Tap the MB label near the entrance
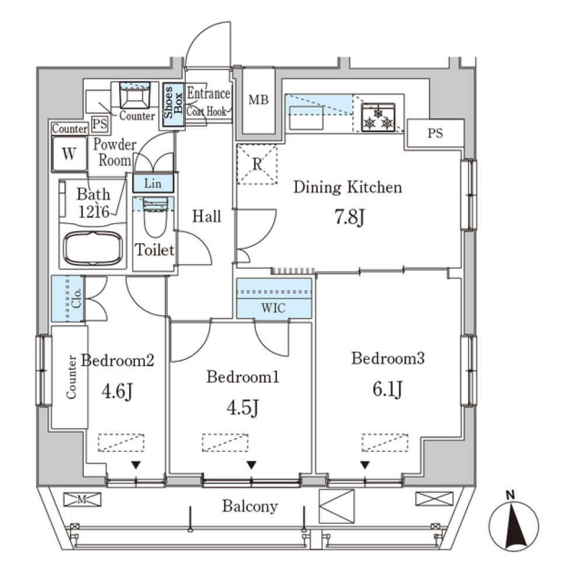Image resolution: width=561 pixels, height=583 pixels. tap(258, 100)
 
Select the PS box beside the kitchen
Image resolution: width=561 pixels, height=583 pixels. tap(434, 133)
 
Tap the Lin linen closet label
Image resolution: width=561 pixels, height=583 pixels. tap(153, 183)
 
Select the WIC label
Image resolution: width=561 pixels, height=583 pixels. tap(273, 308)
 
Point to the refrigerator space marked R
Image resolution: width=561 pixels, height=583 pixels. tap(257, 164)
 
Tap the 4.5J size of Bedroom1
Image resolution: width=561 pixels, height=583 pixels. tap(243, 408)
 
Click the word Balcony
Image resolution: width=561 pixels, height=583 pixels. tap(250, 506)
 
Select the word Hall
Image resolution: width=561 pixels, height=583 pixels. tap(207, 217)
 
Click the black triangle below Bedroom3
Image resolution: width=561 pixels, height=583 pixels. tap(365, 465)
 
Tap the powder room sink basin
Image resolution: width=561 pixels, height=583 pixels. tap(135, 95)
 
